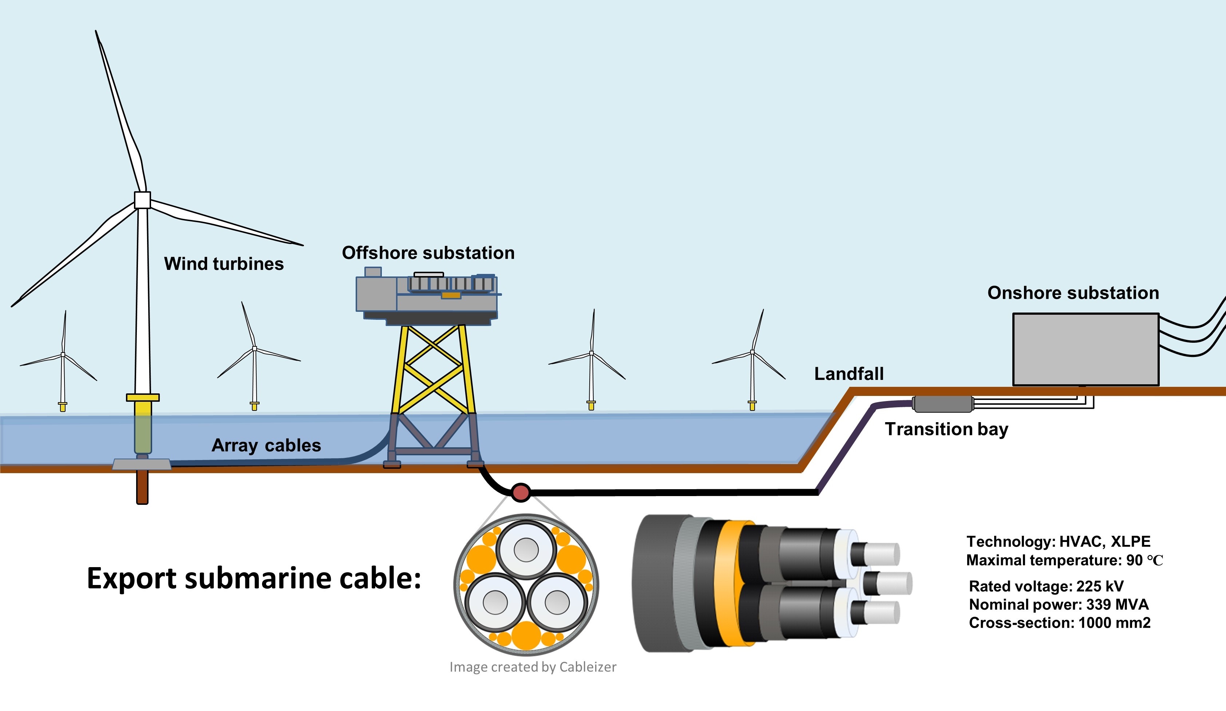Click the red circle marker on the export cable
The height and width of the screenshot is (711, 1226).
pos(521,492)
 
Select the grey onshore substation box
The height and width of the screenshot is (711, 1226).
pos(1085,349)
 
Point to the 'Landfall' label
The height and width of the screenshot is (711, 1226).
pos(849,374)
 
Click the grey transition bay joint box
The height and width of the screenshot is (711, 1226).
pos(942,404)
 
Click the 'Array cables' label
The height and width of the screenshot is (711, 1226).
pos(266,445)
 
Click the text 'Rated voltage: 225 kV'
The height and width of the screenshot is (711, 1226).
pos(1046,586)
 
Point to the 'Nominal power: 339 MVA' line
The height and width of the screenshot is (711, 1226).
pos(1058,604)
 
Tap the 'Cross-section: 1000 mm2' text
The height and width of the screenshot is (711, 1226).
pos(1059,623)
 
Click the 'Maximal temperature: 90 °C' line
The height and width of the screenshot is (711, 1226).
pos(1064,560)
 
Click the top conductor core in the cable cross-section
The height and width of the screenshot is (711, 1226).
pos(526,550)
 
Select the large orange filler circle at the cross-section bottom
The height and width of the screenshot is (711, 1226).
pos(526,636)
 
